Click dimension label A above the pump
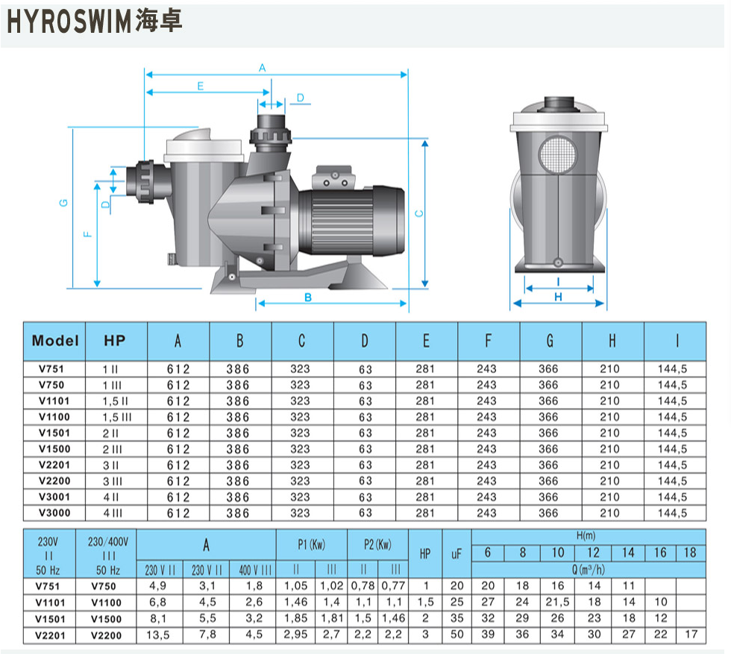[263, 68]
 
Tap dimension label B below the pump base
[307, 298]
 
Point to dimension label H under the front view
[558, 297]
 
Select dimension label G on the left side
[64, 203]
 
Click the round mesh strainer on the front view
[558, 154]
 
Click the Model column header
[55, 341]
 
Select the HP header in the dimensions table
[115, 341]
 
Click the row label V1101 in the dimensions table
[54, 401]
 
